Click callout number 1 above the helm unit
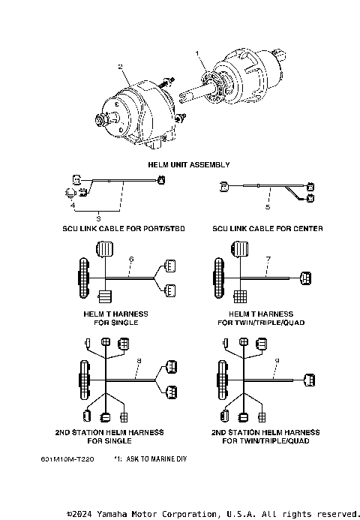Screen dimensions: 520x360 (x=198, y=54)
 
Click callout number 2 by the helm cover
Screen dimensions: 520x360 (x=120, y=67)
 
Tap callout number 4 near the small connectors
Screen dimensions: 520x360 (x=73, y=203)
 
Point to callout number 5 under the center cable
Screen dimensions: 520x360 (x=267, y=205)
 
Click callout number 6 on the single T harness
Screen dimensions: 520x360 (x=131, y=260)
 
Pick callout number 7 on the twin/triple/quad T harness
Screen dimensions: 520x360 (x=268, y=260)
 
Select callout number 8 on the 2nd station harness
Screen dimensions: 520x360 (x=138, y=361)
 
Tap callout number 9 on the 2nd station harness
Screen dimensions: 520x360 (x=276, y=361)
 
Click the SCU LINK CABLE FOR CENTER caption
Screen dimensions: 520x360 (x=268, y=228)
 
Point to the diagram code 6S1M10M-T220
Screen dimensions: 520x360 (x=68, y=458)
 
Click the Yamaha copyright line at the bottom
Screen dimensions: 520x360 (x=213, y=514)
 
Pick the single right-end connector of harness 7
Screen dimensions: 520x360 (x=306, y=279)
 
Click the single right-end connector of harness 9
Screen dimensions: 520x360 (x=309, y=377)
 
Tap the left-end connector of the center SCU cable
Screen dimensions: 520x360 (x=223, y=185)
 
